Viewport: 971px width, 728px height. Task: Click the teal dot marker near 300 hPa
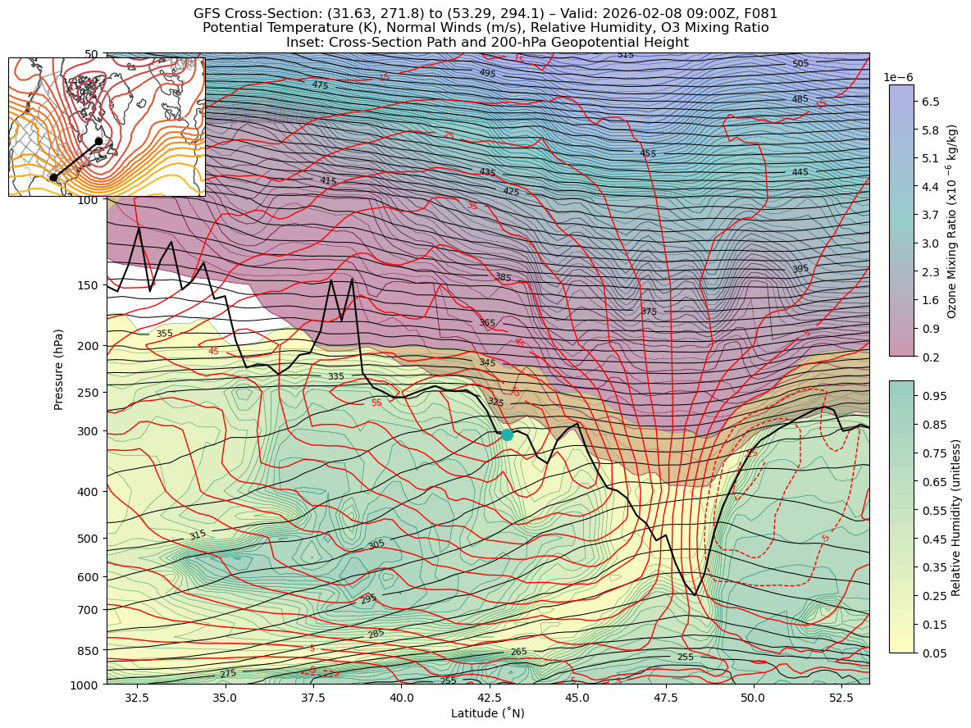coord(507,435)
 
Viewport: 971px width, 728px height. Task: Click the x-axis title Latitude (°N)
coord(487,713)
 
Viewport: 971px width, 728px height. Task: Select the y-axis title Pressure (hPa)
coord(58,369)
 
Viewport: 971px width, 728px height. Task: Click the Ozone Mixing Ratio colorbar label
coord(952,221)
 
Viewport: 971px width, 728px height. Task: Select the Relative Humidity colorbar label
coord(955,516)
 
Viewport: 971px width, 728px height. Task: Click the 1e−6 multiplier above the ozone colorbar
coord(899,77)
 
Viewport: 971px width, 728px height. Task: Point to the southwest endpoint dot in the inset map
coord(53,177)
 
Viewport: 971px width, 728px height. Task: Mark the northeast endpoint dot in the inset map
coord(98,141)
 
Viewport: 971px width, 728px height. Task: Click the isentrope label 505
coord(800,64)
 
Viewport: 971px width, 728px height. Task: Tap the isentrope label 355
coord(164,334)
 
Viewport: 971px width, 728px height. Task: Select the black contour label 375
coord(649,312)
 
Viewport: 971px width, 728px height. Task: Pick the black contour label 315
coord(198,535)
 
